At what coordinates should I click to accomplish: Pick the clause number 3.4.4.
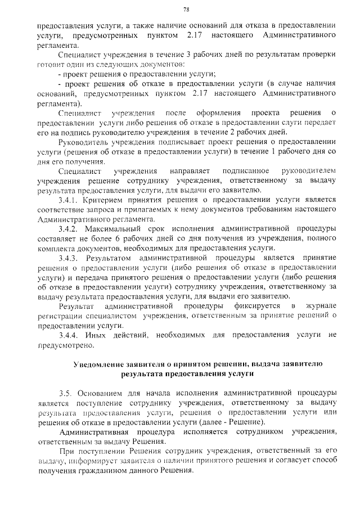pyautogui.click(x=70, y=335)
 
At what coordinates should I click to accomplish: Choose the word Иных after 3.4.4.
pyautogui.click(x=100, y=335)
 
